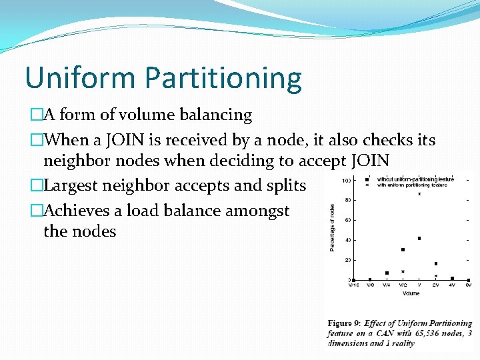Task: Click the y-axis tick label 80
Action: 348,200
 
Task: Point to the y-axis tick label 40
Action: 348,240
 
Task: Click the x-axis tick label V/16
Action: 353,285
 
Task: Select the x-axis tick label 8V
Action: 469,285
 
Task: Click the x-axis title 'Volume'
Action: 411,293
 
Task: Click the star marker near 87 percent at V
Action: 419,194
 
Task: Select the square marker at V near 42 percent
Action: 419,238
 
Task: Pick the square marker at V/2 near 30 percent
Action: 403,250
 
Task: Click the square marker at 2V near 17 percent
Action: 436,263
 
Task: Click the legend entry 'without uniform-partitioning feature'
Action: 415,179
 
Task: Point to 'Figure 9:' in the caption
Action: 344,323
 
